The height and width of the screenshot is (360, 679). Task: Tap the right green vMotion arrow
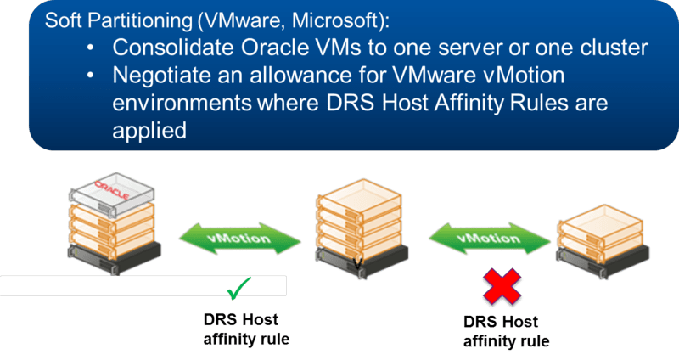click(489, 239)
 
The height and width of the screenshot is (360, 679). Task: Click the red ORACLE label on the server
click(113, 186)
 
